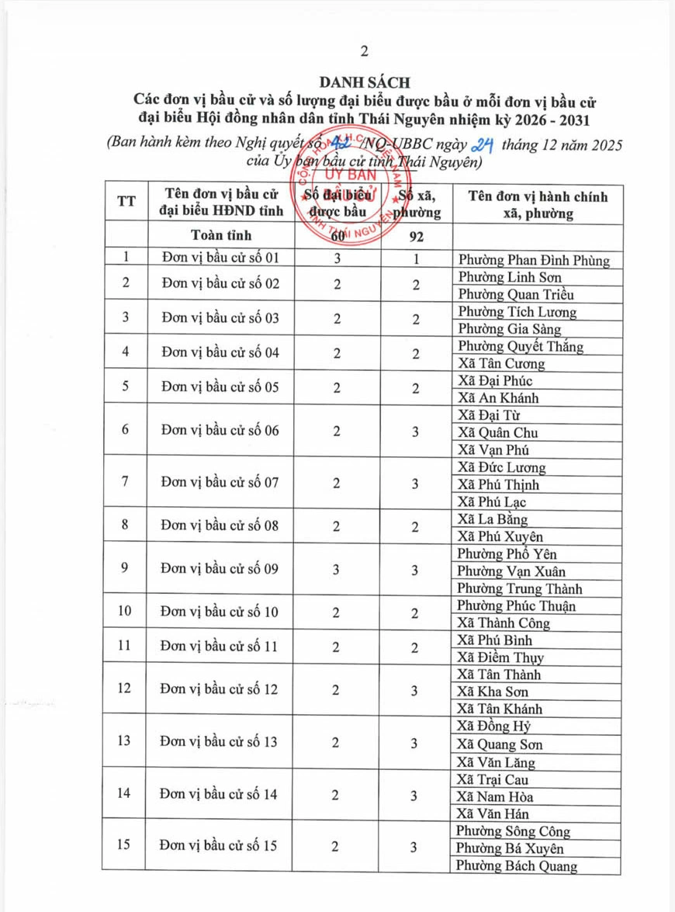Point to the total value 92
point(416,235)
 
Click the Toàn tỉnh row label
point(220,235)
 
